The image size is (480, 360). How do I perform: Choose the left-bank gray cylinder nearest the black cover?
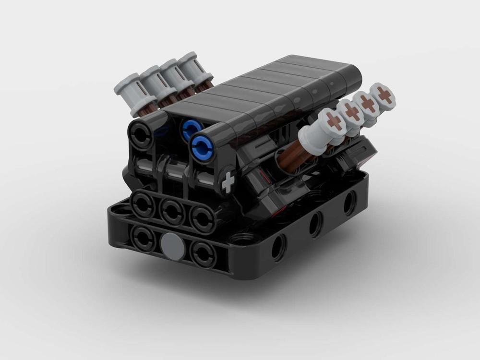(x=194, y=70)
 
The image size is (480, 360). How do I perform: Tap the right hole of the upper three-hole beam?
(x=201, y=216)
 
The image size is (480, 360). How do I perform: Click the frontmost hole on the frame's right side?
(x=277, y=248)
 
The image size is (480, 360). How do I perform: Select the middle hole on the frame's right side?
(x=315, y=224)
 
